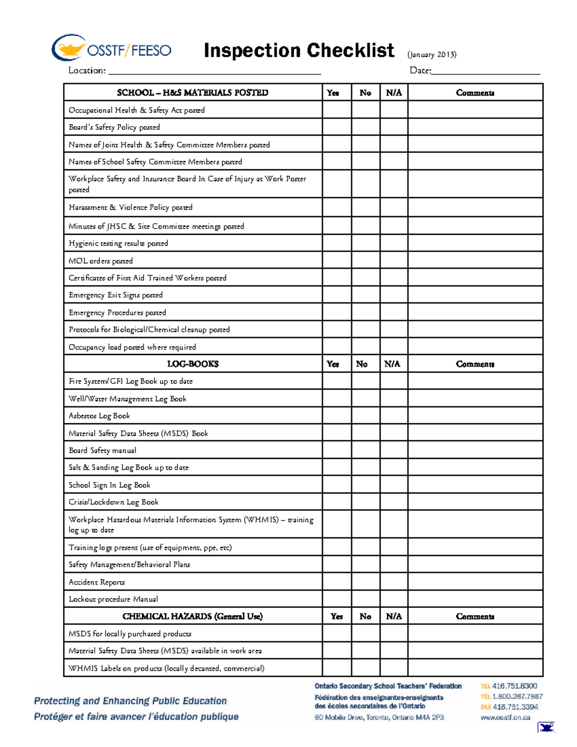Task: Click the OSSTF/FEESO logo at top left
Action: coord(111,48)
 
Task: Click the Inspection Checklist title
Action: coord(299,51)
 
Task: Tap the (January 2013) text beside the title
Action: coord(431,54)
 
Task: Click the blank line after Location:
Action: coord(214,71)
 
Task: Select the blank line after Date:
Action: coord(486,71)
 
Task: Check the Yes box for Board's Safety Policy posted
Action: coord(337,127)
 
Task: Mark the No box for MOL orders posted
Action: coord(365,260)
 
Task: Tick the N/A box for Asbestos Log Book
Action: coord(394,416)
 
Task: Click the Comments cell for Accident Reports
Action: coord(475,582)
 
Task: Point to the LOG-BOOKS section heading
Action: coord(193,364)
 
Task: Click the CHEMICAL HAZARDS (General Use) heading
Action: coord(193,616)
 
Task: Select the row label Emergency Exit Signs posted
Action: coord(116,295)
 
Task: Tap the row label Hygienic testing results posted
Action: coord(118,243)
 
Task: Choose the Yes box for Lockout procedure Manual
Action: coord(337,599)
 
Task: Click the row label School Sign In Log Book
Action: coord(110,485)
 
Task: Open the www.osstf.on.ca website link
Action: coord(505,717)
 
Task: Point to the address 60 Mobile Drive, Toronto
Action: coord(379,717)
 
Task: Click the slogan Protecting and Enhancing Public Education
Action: coord(130,701)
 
